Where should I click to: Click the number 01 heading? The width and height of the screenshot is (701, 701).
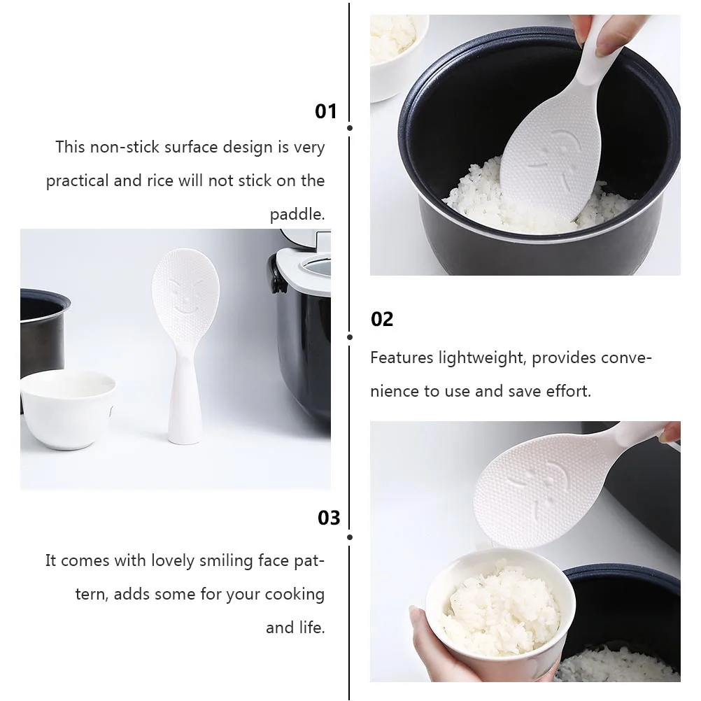pos(325,111)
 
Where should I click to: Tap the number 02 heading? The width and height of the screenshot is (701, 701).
pos(382,319)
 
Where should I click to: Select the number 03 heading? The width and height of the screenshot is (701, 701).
pos(329,518)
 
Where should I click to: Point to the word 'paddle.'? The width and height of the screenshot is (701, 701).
pos(297,214)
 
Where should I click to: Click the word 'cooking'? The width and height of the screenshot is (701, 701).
pos(295,595)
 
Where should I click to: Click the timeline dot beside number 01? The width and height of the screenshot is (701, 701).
pos(350,128)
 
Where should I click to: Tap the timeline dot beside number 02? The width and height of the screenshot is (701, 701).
pos(350,337)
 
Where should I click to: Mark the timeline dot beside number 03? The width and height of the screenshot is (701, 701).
pos(350,537)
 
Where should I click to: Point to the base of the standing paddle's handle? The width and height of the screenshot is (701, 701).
pos(185,436)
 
